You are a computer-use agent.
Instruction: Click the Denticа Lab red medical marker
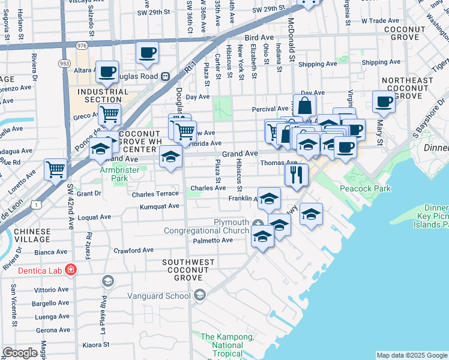click(71, 270)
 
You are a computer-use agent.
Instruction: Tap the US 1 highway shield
click(37, 205)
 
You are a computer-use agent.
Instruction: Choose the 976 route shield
click(82, 45)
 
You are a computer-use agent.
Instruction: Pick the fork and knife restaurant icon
click(296, 174)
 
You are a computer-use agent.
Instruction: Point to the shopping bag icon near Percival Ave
click(304, 106)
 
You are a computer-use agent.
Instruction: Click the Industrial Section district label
click(100, 95)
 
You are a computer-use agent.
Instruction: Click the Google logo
click(20, 353)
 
